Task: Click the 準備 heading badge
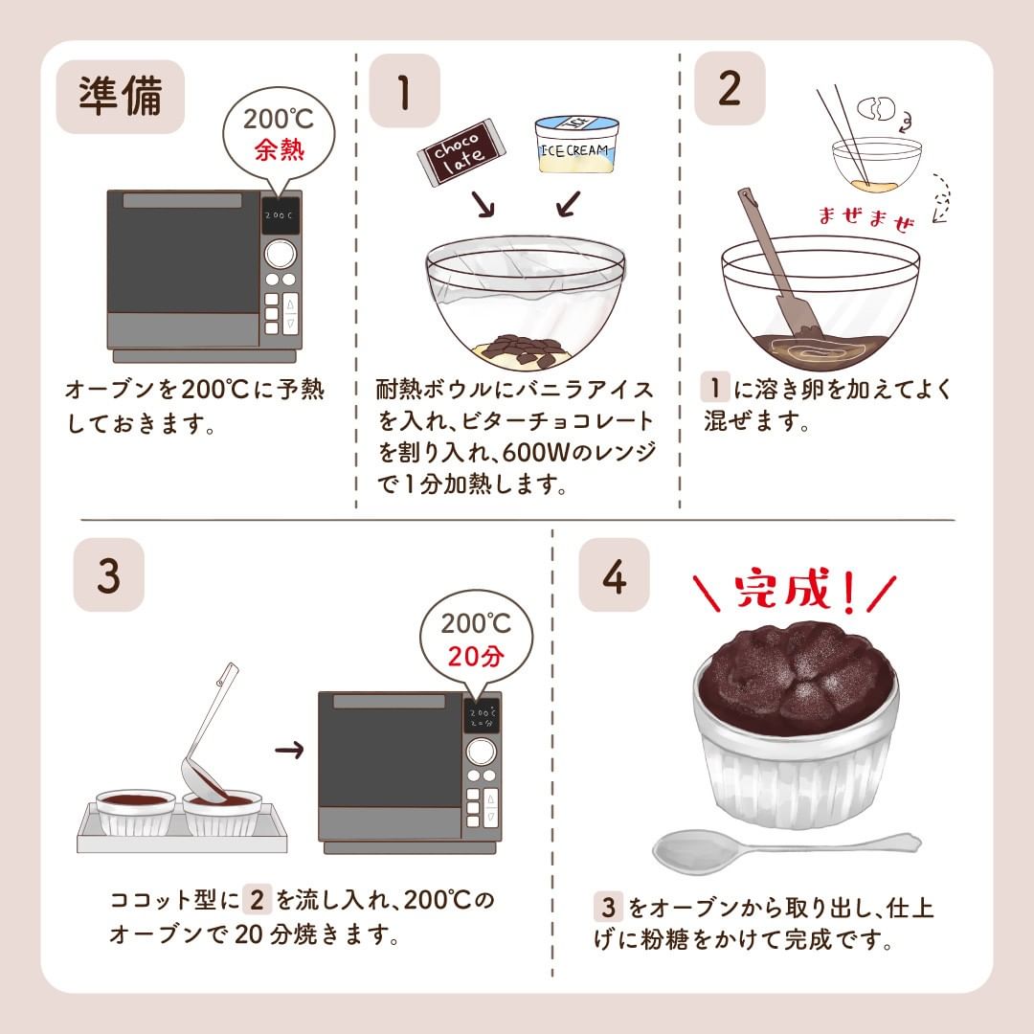[x=120, y=97]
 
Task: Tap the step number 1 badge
[x=404, y=91]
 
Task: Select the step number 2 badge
[x=730, y=88]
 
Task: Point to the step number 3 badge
[x=109, y=574]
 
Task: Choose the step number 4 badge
[x=614, y=574]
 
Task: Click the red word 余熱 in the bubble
[x=280, y=149]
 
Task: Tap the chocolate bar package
[x=461, y=152]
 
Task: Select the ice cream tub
[x=577, y=144]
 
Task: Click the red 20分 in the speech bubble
[x=476, y=656]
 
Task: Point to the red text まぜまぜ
[x=866, y=218]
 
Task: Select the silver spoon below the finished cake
[x=785, y=848]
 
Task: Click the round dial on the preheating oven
[x=281, y=253]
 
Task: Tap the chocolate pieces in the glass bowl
[x=519, y=349]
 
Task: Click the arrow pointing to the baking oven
[x=289, y=750]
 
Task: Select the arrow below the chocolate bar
[x=483, y=204]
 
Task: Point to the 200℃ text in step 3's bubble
[x=476, y=623]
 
